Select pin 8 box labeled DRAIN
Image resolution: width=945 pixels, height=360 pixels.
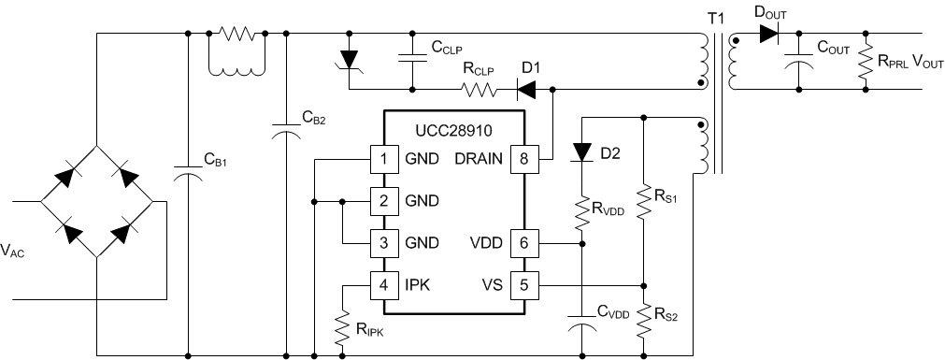coord(523,159)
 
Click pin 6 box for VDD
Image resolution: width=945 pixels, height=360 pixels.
coord(523,243)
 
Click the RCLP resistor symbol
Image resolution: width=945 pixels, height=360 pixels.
coord(478,91)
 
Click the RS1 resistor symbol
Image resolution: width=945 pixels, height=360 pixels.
coord(643,200)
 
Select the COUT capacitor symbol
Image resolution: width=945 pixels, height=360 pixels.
coord(798,60)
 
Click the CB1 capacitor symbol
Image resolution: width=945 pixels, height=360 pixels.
coord(189,175)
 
